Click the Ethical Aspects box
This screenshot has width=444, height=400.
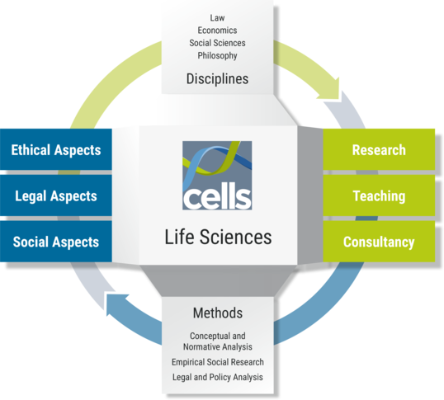tap(56, 149)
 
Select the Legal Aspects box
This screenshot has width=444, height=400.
tap(56, 195)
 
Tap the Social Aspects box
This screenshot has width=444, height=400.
tap(56, 242)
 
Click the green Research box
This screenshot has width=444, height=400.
tap(379, 149)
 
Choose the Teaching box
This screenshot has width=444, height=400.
tap(379, 195)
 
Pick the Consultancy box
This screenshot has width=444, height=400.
tap(379, 242)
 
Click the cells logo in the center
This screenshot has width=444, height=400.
tap(217, 176)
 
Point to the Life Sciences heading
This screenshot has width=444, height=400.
tap(218, 237)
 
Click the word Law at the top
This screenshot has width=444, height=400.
tap(217, 18)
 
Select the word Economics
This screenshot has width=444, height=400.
tap(217, 31)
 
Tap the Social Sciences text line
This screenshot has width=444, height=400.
tap(217, 43)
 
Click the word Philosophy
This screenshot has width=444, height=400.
tap(217, 55)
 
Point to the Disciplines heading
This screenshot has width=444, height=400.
tap(217, 78)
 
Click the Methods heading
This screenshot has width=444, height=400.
tap(218, 313)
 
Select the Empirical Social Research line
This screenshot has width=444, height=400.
tap(218, 362)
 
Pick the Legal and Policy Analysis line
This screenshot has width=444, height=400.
tap(218, 377)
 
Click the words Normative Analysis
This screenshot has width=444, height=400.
tap(218, 347)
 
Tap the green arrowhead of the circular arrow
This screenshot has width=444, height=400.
tap(330, 87)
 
